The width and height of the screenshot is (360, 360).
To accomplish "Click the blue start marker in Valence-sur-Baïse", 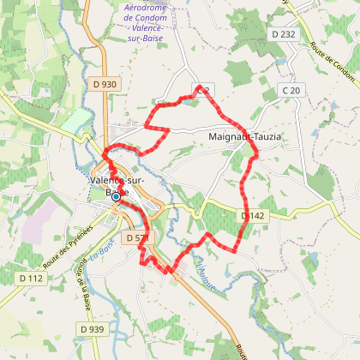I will point(116,196).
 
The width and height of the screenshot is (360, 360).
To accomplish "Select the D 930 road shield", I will point(101,84).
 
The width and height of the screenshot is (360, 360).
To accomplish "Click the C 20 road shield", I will point(293,90).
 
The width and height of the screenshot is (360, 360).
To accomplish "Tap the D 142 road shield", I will point(254,216).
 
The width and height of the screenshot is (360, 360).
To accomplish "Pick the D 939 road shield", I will point(92,328).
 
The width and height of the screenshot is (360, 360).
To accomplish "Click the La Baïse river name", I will point(105,249).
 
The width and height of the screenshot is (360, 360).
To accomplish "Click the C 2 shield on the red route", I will point(203,89).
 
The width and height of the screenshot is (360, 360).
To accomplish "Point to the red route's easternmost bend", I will point(256,154).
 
